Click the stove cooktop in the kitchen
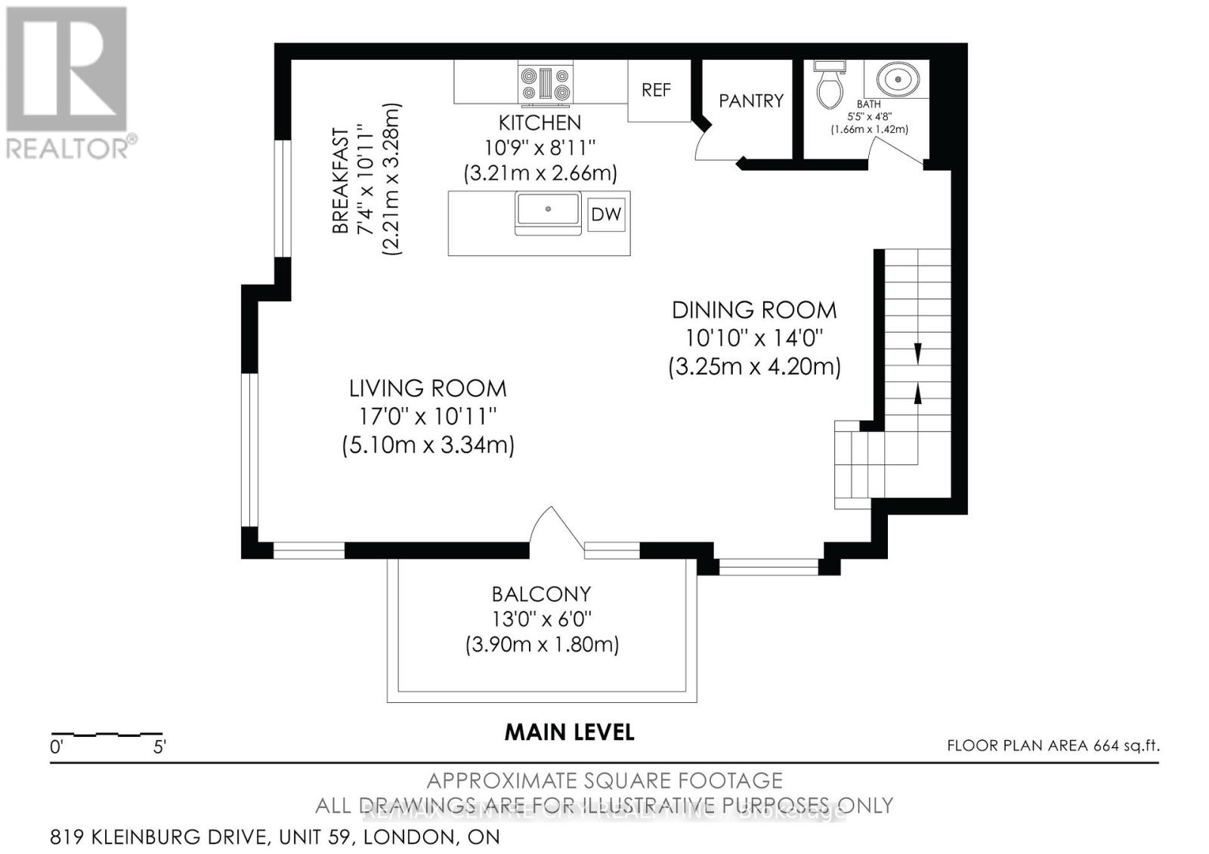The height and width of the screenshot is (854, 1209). pyautogui.click(x=545, y=84)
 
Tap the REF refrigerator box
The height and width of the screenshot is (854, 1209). pyautogui.click(x=656, y=91)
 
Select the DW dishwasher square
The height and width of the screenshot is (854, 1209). pyautogui.click(x=606, y=214)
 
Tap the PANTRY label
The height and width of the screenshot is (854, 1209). pyautogui.click(x=750, y=100)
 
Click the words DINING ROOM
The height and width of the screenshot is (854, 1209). pyautogui.click(x=754, y=310)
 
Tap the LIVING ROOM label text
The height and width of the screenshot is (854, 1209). pyautogui.click(x=428, y=389)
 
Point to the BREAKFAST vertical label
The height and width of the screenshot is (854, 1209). pyautogui.click(x=342, y=181)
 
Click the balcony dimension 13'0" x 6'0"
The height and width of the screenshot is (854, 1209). pyautogui.click(x=541, y=619)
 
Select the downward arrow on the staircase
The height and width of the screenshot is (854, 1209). pyautogui.click(x=918, y=353)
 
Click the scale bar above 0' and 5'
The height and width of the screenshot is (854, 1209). pyautogui.click(x=107, y=734)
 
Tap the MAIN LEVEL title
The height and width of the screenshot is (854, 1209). pyautogui.click(x=569, y=732)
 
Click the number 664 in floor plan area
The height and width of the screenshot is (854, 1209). pyautogui.click(x=1105, y=746)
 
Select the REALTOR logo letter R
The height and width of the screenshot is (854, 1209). pyautogui.click(x=66, y=69)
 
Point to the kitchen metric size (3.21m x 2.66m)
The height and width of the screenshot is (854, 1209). pyautogui.click(x=540, y=173)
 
